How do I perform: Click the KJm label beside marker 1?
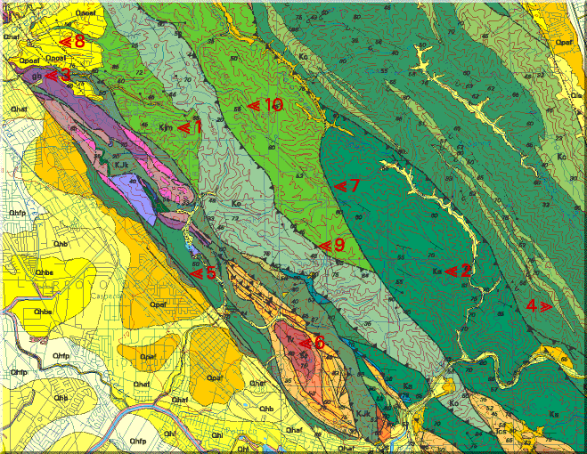[x=166, y=127]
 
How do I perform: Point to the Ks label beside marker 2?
[x=436, y=271]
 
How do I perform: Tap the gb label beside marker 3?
[x=37, y=77]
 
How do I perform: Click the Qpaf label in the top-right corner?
[x=563, y=41]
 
